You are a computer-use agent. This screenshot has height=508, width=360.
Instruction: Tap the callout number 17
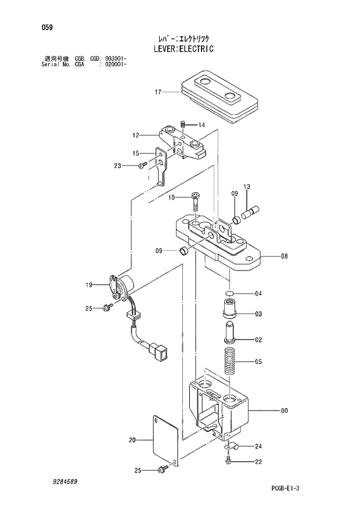tap(157, 92)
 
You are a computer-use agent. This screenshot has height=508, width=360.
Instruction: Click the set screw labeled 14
tap(182, 124)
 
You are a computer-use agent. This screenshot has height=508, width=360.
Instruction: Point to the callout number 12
tap(135, 135)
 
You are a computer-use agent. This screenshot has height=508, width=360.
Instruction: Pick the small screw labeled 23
tap(141, 167)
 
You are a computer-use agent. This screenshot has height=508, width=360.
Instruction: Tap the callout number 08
tap(284, 255)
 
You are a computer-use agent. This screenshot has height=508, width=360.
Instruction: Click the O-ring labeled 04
tap(231, 293)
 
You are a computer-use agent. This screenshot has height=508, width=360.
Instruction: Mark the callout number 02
tap(259, 340)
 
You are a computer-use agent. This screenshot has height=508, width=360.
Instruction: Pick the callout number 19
tap(89, 284)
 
